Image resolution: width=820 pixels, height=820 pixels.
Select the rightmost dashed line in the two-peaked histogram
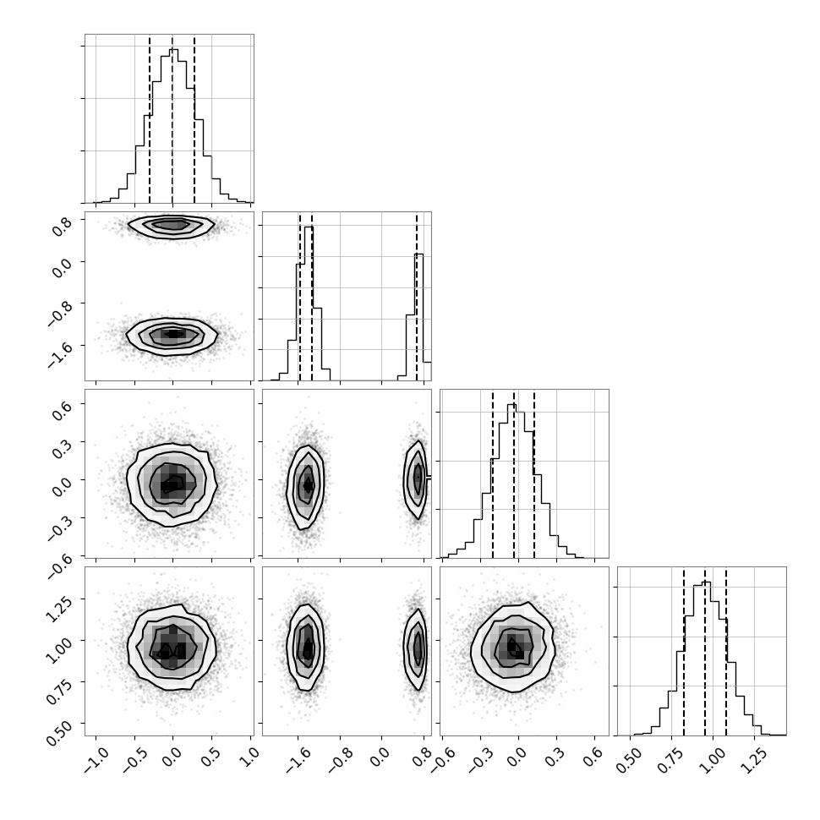tap(417, 297)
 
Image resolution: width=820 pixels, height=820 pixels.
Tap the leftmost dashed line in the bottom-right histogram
tap(684, 651)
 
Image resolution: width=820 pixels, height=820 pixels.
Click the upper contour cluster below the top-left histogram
tap(172, 226)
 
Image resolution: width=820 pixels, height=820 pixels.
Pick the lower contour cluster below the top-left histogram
tap(172, 335)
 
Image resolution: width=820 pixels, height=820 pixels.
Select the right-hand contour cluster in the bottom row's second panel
tap(417, 648)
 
